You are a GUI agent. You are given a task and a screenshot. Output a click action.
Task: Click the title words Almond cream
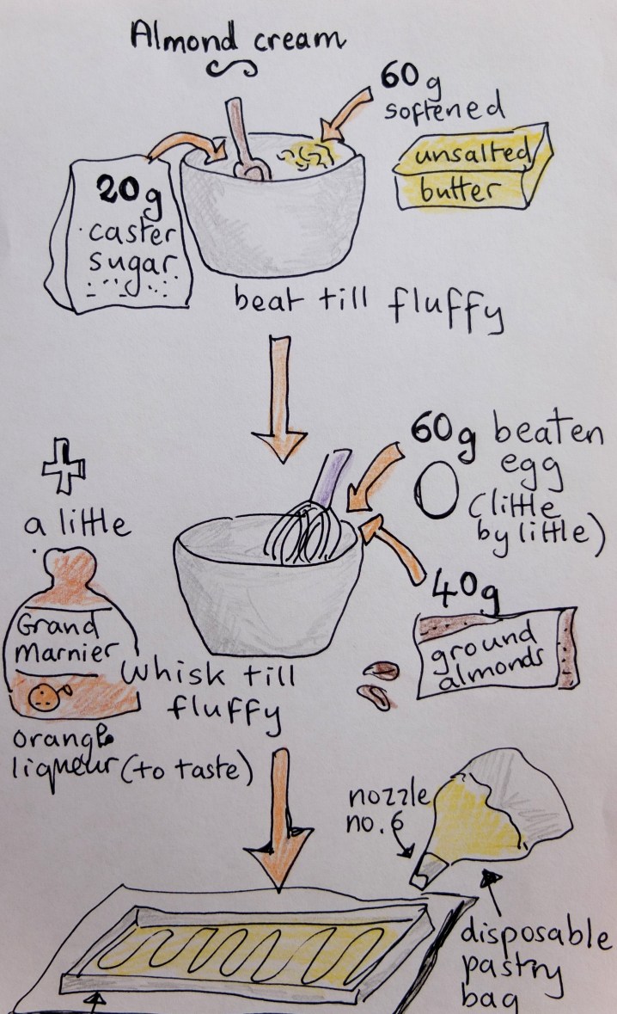tap(236, 38)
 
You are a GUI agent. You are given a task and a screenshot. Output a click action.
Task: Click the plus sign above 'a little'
tap(64, 465)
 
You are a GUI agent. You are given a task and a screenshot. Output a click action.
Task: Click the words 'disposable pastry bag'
tap(534, 963)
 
